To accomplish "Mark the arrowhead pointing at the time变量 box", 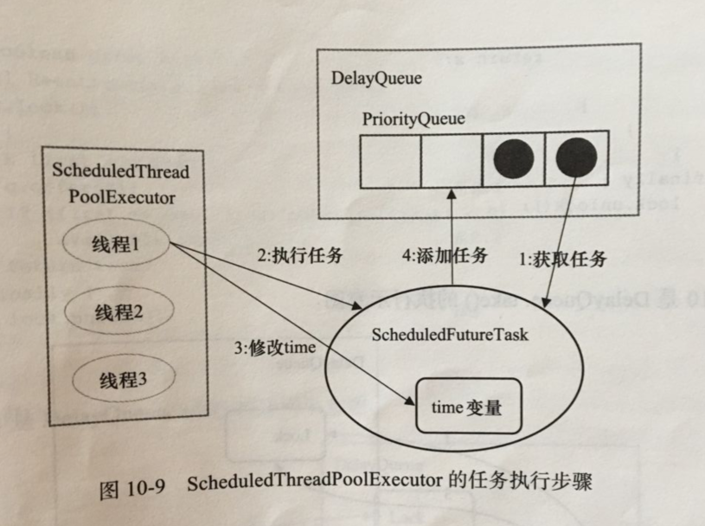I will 412,400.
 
